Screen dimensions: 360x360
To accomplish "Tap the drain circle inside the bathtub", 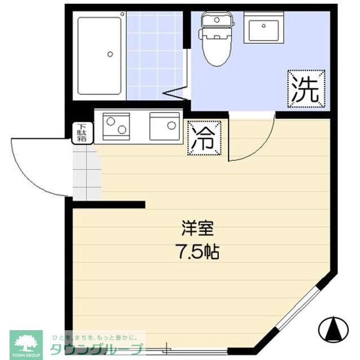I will pos(110,55).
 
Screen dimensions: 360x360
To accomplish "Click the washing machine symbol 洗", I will pos(307,88).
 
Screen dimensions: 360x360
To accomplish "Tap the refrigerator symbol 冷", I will pos(204,138).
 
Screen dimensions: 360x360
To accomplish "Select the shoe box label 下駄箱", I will pos(82,133).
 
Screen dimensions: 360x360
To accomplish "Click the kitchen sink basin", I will pos(164,125).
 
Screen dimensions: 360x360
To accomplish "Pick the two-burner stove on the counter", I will pos(116,126).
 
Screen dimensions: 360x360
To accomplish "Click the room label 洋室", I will pos(197,229).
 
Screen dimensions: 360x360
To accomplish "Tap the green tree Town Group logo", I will pos(25,343).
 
